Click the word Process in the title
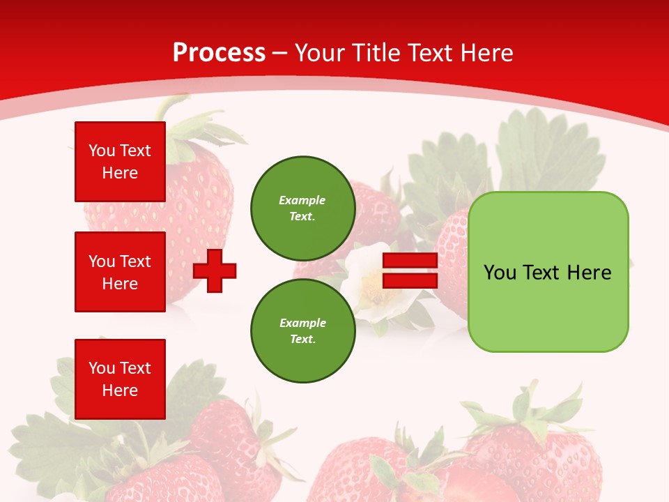(219, 53)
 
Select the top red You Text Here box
(120, 162)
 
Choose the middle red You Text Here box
(120, 272)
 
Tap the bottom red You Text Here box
(120, 379)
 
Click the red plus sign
(215, 271)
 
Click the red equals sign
(410, 271)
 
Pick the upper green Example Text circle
(302, 208)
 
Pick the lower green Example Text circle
(302, 331)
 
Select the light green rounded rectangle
(548, 272)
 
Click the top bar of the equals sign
(410, 261)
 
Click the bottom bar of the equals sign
(410, 280)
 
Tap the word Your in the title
(319, 53)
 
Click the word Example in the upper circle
(302, 201)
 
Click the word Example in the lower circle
(302, 324)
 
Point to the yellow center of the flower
(372, 280)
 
